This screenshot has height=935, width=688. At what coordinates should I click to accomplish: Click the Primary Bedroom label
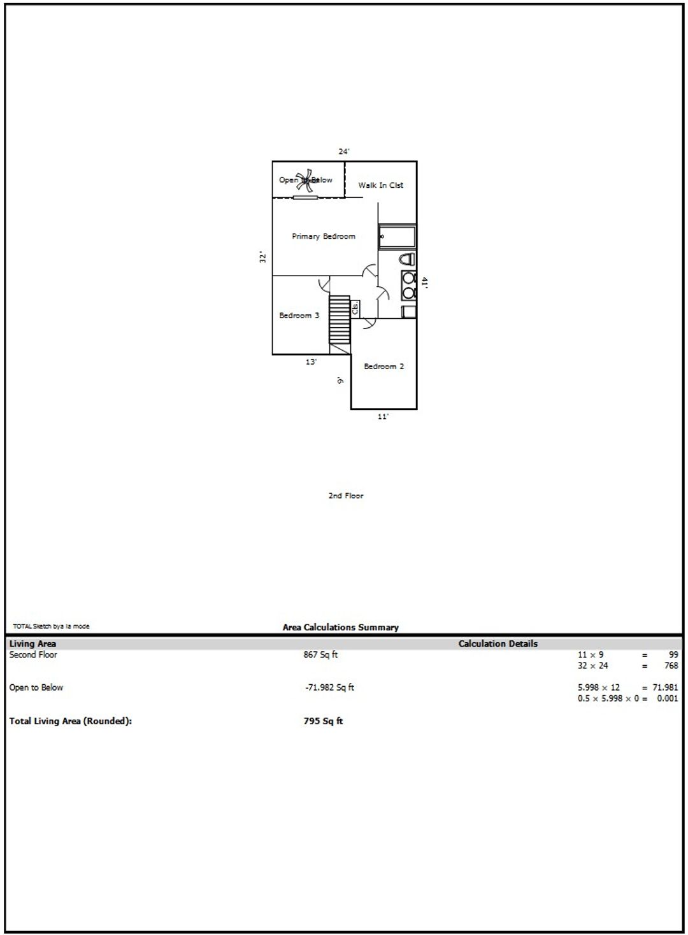pos(324,236)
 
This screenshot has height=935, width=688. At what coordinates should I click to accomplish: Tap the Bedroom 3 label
pos(299,315)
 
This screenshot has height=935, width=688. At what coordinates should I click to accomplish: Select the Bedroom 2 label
pos(384,366)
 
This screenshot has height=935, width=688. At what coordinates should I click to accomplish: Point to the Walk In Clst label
pos(380,185)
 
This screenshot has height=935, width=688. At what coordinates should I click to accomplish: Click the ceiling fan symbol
pos(306,181)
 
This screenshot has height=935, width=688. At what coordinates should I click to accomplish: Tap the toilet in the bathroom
pos(407,259)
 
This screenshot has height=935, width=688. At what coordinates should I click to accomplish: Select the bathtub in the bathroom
pos(398,237)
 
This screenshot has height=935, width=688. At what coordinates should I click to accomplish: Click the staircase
pos(340,320)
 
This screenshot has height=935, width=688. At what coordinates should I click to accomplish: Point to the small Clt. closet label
pos(355,309)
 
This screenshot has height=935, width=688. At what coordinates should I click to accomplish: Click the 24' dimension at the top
pos(344,151)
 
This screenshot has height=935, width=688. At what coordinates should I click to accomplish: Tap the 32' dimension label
pos(262,257)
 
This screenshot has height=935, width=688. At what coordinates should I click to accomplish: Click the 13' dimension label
pos(311,362)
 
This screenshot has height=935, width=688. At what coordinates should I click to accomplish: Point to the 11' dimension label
pos(383,416)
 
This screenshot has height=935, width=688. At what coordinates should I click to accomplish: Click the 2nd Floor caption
pos(346,495)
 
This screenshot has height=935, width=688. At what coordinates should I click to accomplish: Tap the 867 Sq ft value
pos(320,654)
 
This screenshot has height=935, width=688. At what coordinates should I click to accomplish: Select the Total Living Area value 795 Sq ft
pos(324,721)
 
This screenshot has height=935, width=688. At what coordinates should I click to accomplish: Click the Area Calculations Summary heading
pos(340,627)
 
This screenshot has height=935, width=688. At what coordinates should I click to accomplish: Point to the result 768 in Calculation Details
pos(671,665)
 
